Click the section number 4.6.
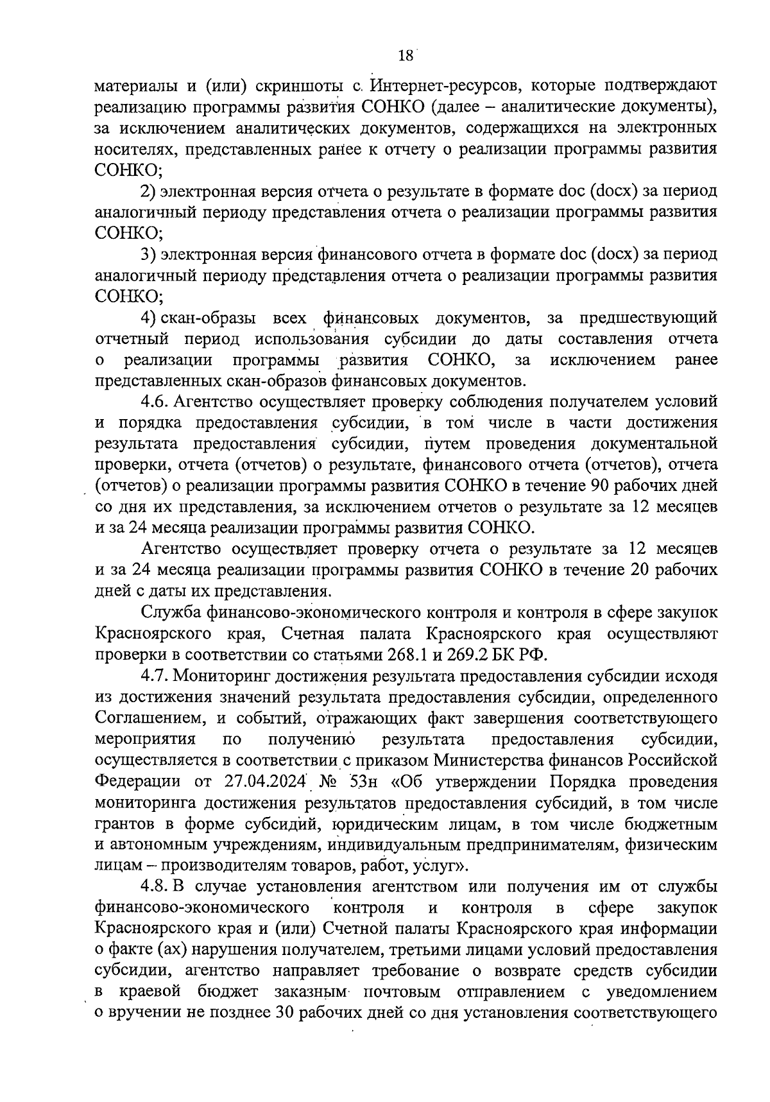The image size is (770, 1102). (x=154, y=402)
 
